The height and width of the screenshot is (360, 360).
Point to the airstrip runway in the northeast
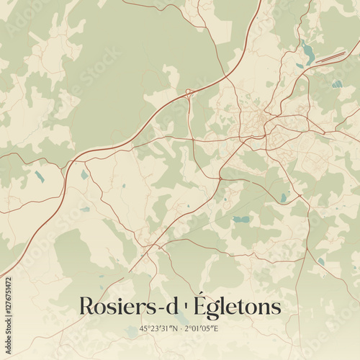330,57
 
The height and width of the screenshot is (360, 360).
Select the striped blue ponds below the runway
337,84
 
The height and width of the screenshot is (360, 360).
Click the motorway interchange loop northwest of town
189,92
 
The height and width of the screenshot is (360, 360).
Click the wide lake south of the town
241,219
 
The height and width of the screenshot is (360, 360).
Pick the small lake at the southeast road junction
284,197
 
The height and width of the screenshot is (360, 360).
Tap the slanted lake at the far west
38,176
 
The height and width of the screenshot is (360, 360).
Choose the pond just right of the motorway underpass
84,174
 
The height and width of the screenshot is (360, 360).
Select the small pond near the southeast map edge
321,261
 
